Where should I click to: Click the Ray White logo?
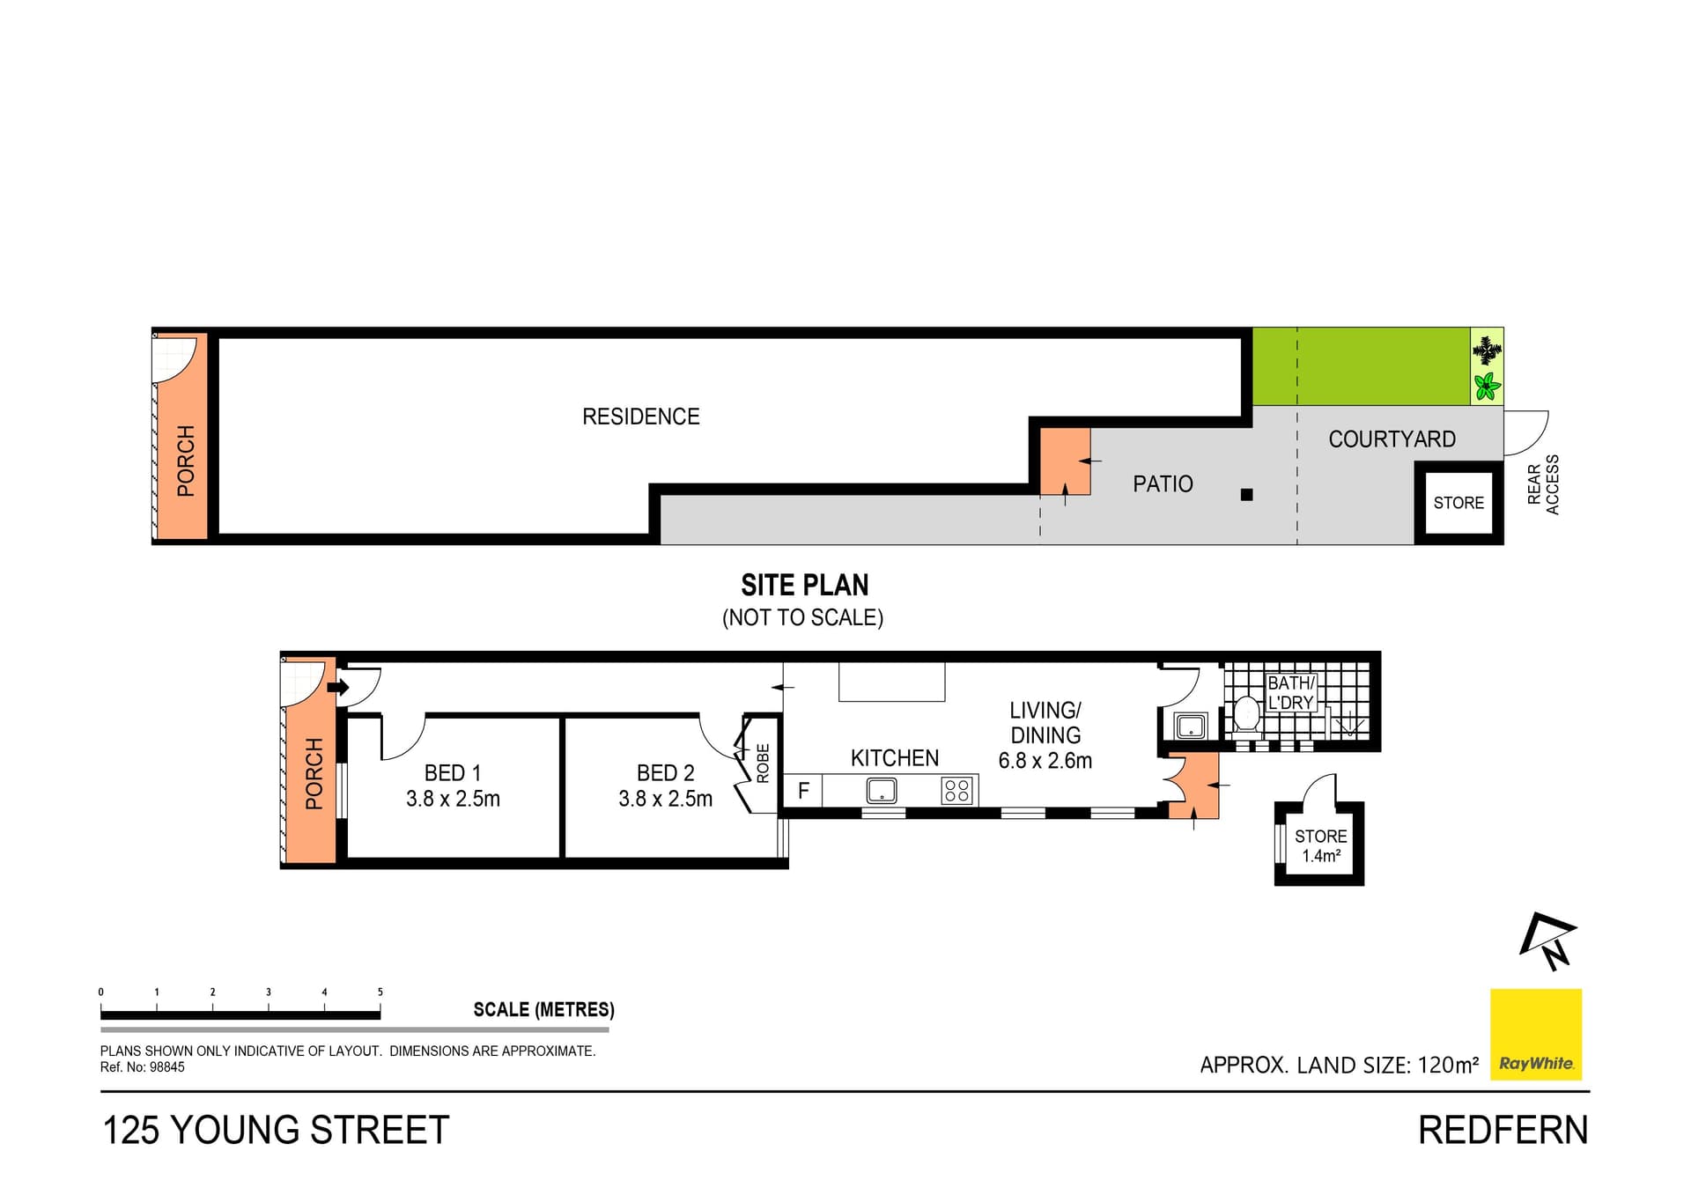coord(1535,1034)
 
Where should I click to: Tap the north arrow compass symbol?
coord(1548,941)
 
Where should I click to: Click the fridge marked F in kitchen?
coord(802,790)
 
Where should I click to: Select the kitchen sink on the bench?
coord(882,790)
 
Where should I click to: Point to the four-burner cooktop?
coord(956,790)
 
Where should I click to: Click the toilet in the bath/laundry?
coord(1245,713)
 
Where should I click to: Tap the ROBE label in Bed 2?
coord(763,763)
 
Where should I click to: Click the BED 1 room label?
coord(453,773)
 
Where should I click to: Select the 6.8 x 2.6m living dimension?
coord(1045,761)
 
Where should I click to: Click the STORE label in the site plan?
coord(1458,503)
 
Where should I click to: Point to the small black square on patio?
coord(1246,495)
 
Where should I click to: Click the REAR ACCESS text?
coord(1543,485)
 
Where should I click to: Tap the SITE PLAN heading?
coord(804,586)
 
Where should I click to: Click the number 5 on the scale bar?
coord(380,992)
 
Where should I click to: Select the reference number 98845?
coord(166,1067)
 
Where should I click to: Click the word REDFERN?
coord(1503,1131)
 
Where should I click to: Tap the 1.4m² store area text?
coord(1321,856)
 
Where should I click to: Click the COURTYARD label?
coord(1392,439)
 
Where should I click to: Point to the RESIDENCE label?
coord(640,417)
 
